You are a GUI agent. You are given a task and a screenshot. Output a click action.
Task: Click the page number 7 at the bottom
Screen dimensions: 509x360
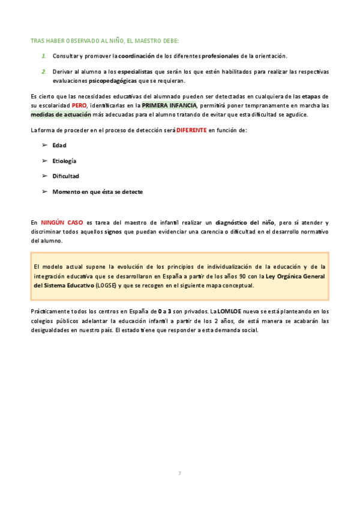(x=179, y=474)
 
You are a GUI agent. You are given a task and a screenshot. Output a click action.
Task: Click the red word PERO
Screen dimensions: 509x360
(x=80, y=106)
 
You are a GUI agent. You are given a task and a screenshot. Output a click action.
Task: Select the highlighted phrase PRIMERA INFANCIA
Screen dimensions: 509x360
(x=169, y=106)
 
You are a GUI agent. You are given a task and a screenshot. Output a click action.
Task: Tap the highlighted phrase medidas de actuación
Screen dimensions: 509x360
(x=61, y=114)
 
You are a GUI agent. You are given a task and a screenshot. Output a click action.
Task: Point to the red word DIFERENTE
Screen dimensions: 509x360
(x=191, y=130)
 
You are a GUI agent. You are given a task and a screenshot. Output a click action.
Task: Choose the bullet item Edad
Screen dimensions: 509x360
(x=59, y=145)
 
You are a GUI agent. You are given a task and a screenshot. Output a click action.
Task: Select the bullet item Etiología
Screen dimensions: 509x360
(x=64, y=161)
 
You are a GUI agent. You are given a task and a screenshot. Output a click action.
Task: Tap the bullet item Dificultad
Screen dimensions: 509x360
(x=65, y=176)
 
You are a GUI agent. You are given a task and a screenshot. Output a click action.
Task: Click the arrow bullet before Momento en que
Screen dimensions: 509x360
(x=44, y=192)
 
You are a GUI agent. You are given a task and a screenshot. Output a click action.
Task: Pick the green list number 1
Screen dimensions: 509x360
(x=44, y=56)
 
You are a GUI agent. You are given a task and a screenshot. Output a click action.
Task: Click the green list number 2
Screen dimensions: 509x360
(x=44, y=71)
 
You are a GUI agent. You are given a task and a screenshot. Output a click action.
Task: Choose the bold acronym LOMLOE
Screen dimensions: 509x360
(x=229, y=312)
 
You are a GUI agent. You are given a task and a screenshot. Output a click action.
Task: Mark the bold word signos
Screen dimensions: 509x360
(x=113, y=231)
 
